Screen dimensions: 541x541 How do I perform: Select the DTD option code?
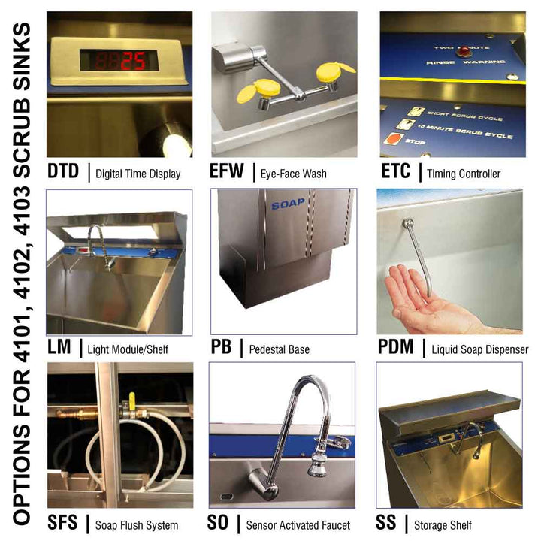[62, 171]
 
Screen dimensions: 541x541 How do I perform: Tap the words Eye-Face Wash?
[293, 174]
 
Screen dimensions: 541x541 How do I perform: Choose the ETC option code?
[395, 171]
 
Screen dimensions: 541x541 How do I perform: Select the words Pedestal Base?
[279, 349]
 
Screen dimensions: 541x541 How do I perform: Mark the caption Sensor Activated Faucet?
[298, 524]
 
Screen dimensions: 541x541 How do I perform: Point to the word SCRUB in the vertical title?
[23, 98]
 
